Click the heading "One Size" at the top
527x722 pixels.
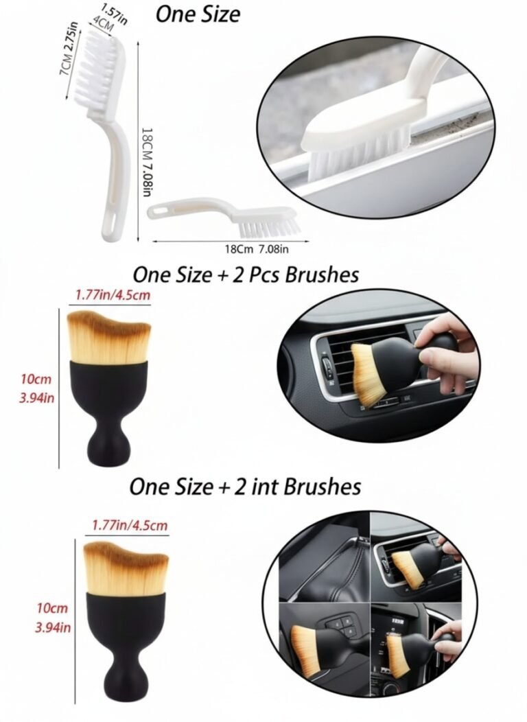coord(198,14)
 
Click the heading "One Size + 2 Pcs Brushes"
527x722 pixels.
coord(245,275)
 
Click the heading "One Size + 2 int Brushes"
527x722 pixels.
coord(245,487)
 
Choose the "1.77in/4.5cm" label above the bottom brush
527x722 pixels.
coord(130,526)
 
